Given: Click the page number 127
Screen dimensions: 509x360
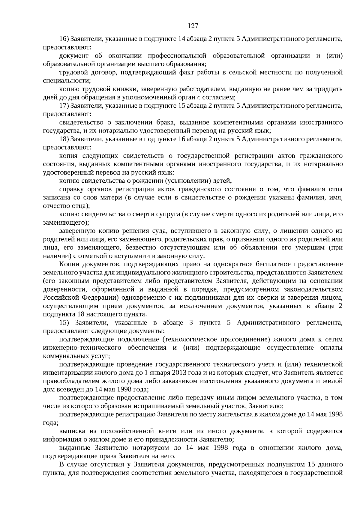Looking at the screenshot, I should [193, 26].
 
